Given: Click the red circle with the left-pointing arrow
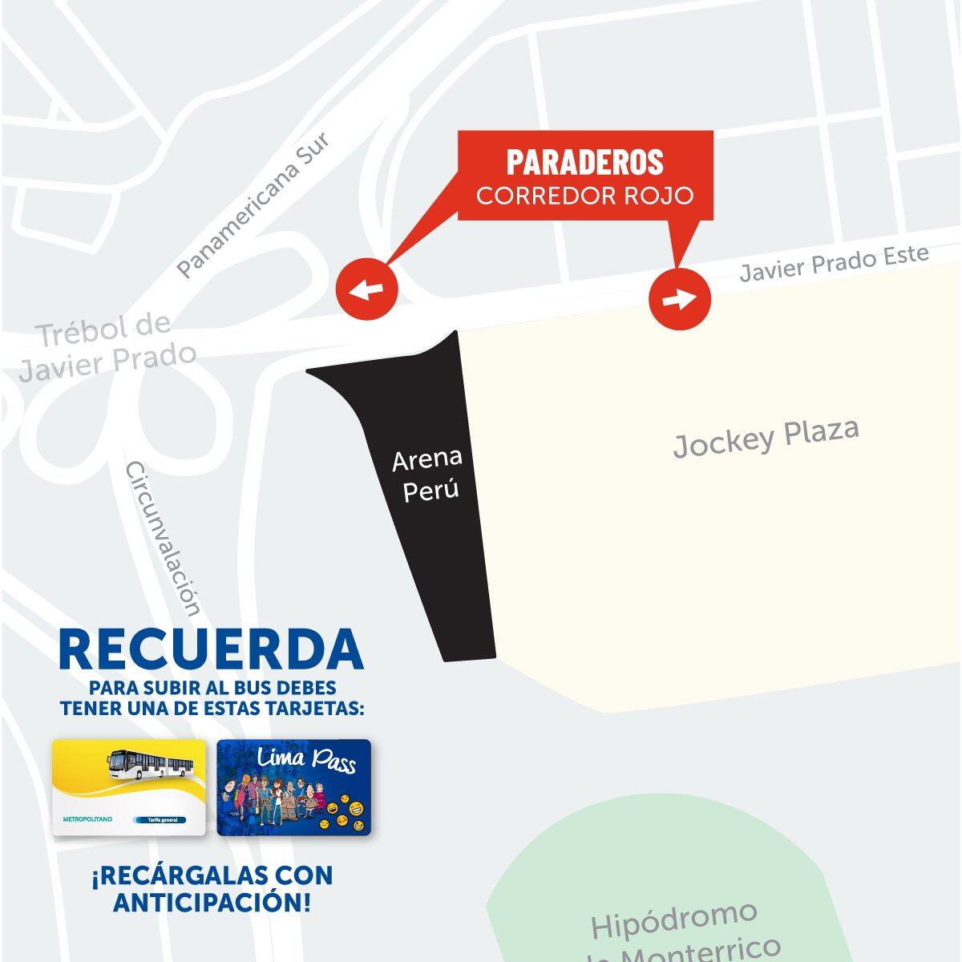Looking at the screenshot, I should (366, 289).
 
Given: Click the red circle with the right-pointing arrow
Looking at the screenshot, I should (679, 299).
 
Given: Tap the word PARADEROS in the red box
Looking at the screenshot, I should (584, 163).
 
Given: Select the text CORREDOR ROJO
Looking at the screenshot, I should (584, 196).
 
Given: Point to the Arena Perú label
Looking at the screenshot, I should (428, 475).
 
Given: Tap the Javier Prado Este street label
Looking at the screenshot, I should (834, 264).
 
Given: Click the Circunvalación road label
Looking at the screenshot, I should (163, 540).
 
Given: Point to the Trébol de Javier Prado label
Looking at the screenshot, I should (107, 346).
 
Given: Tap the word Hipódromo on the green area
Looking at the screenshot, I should (674, 920).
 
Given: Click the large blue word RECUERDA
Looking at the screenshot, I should (211, 650).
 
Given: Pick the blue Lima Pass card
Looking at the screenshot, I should (294, 788).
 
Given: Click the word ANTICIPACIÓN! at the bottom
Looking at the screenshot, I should (212, 902).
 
